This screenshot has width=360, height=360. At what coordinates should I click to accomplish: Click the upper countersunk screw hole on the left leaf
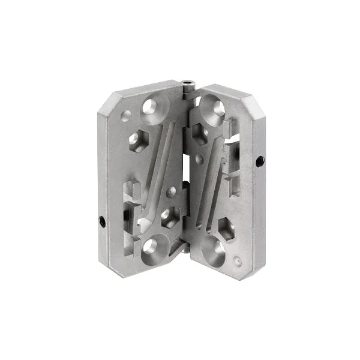point(150,109)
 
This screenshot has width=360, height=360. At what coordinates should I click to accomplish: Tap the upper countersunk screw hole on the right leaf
point(214,108)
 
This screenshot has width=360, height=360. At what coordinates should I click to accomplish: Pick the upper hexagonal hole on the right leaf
point(200,133)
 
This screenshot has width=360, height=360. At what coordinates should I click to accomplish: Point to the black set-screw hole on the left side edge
point(101,221)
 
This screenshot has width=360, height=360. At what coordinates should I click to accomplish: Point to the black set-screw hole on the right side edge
point(259,161)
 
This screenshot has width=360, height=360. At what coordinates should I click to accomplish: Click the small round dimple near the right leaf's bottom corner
point(239,262)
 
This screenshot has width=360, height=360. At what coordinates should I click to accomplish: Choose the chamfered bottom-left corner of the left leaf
point(111,264)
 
